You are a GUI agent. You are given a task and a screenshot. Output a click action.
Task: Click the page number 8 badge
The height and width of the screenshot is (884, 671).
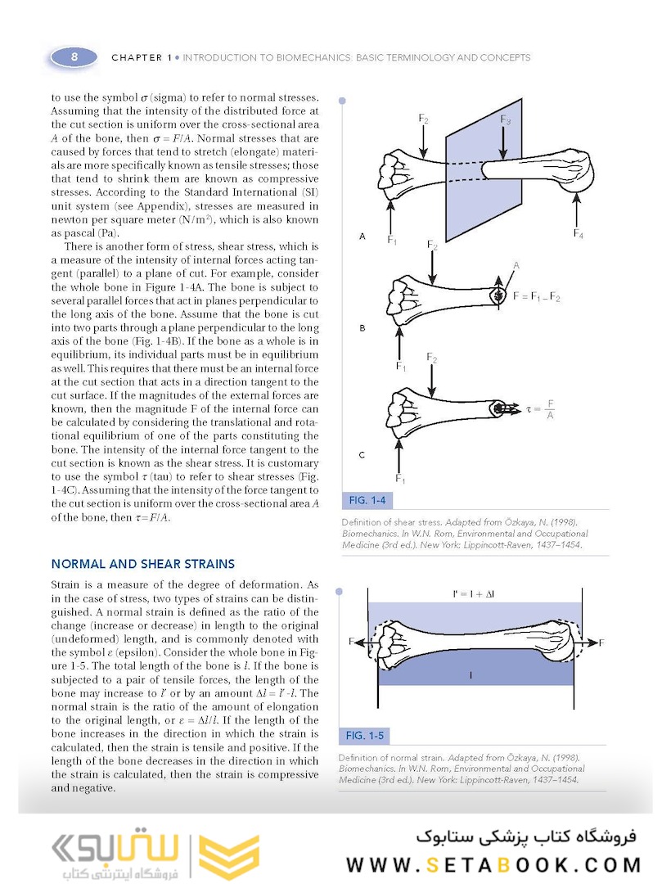(x=74, y=56)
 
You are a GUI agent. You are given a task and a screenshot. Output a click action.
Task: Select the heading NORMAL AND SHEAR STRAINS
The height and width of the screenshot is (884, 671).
(x=143, y=564)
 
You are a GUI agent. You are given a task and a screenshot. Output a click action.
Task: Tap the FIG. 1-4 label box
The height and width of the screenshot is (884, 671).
(x=367, y=499)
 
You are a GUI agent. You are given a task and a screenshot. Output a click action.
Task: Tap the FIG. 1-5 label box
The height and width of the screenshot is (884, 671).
(x=365, y=734)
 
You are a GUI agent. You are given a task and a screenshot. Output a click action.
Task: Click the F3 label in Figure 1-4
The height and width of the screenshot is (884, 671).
(x=506, y=120)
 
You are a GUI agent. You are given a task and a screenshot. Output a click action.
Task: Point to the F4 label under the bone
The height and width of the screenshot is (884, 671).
(x=579, y=234)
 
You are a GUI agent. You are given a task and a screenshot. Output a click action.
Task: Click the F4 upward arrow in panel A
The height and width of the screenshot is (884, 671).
(x=579, y=210)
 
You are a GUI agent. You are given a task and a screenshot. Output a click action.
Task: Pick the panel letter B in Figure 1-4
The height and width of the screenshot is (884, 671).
(x=362, y=327)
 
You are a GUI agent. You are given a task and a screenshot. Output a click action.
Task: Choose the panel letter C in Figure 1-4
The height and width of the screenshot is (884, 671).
(x=362, y=454)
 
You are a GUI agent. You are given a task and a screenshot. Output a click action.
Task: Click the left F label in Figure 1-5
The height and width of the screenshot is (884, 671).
(x=352, y=642)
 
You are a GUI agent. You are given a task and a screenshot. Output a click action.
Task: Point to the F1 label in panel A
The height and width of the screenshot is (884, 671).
(x=393, y=241)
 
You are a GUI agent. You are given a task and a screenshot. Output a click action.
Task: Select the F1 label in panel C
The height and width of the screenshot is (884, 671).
(x=401, y=478)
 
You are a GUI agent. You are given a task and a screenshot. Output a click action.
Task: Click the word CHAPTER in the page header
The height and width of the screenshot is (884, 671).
(x=137, y=58)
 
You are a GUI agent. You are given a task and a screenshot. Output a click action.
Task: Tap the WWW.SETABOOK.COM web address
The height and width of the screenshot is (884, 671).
(x=493, y=864)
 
